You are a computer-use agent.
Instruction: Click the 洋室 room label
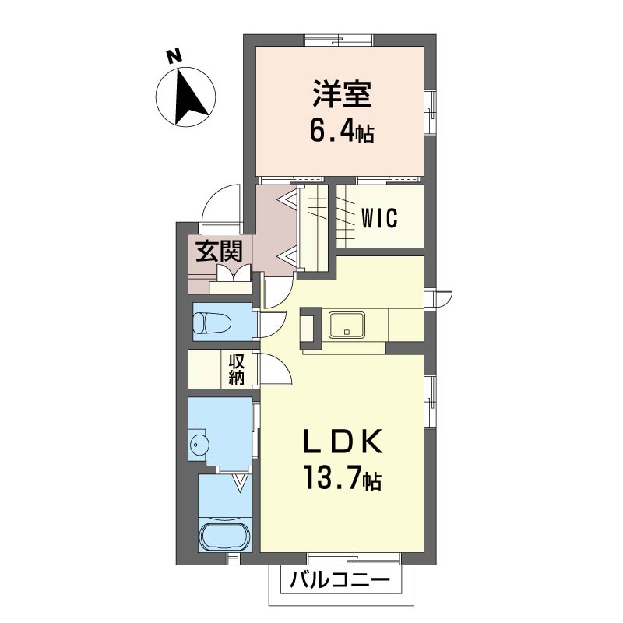tap(342, 93)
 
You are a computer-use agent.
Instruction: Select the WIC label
tap(379, 218)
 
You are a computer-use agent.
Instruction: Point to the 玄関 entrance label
tap(220, 252)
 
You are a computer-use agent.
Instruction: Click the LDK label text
tap(342, 441)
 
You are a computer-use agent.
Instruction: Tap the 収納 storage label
tap(237, 368)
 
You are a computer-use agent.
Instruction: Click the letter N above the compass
tap(173, 56)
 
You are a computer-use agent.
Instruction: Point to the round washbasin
tap(200, 442)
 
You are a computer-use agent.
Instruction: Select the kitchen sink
tap(347, 325)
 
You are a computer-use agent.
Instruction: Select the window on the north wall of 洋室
tap(339, 40)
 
